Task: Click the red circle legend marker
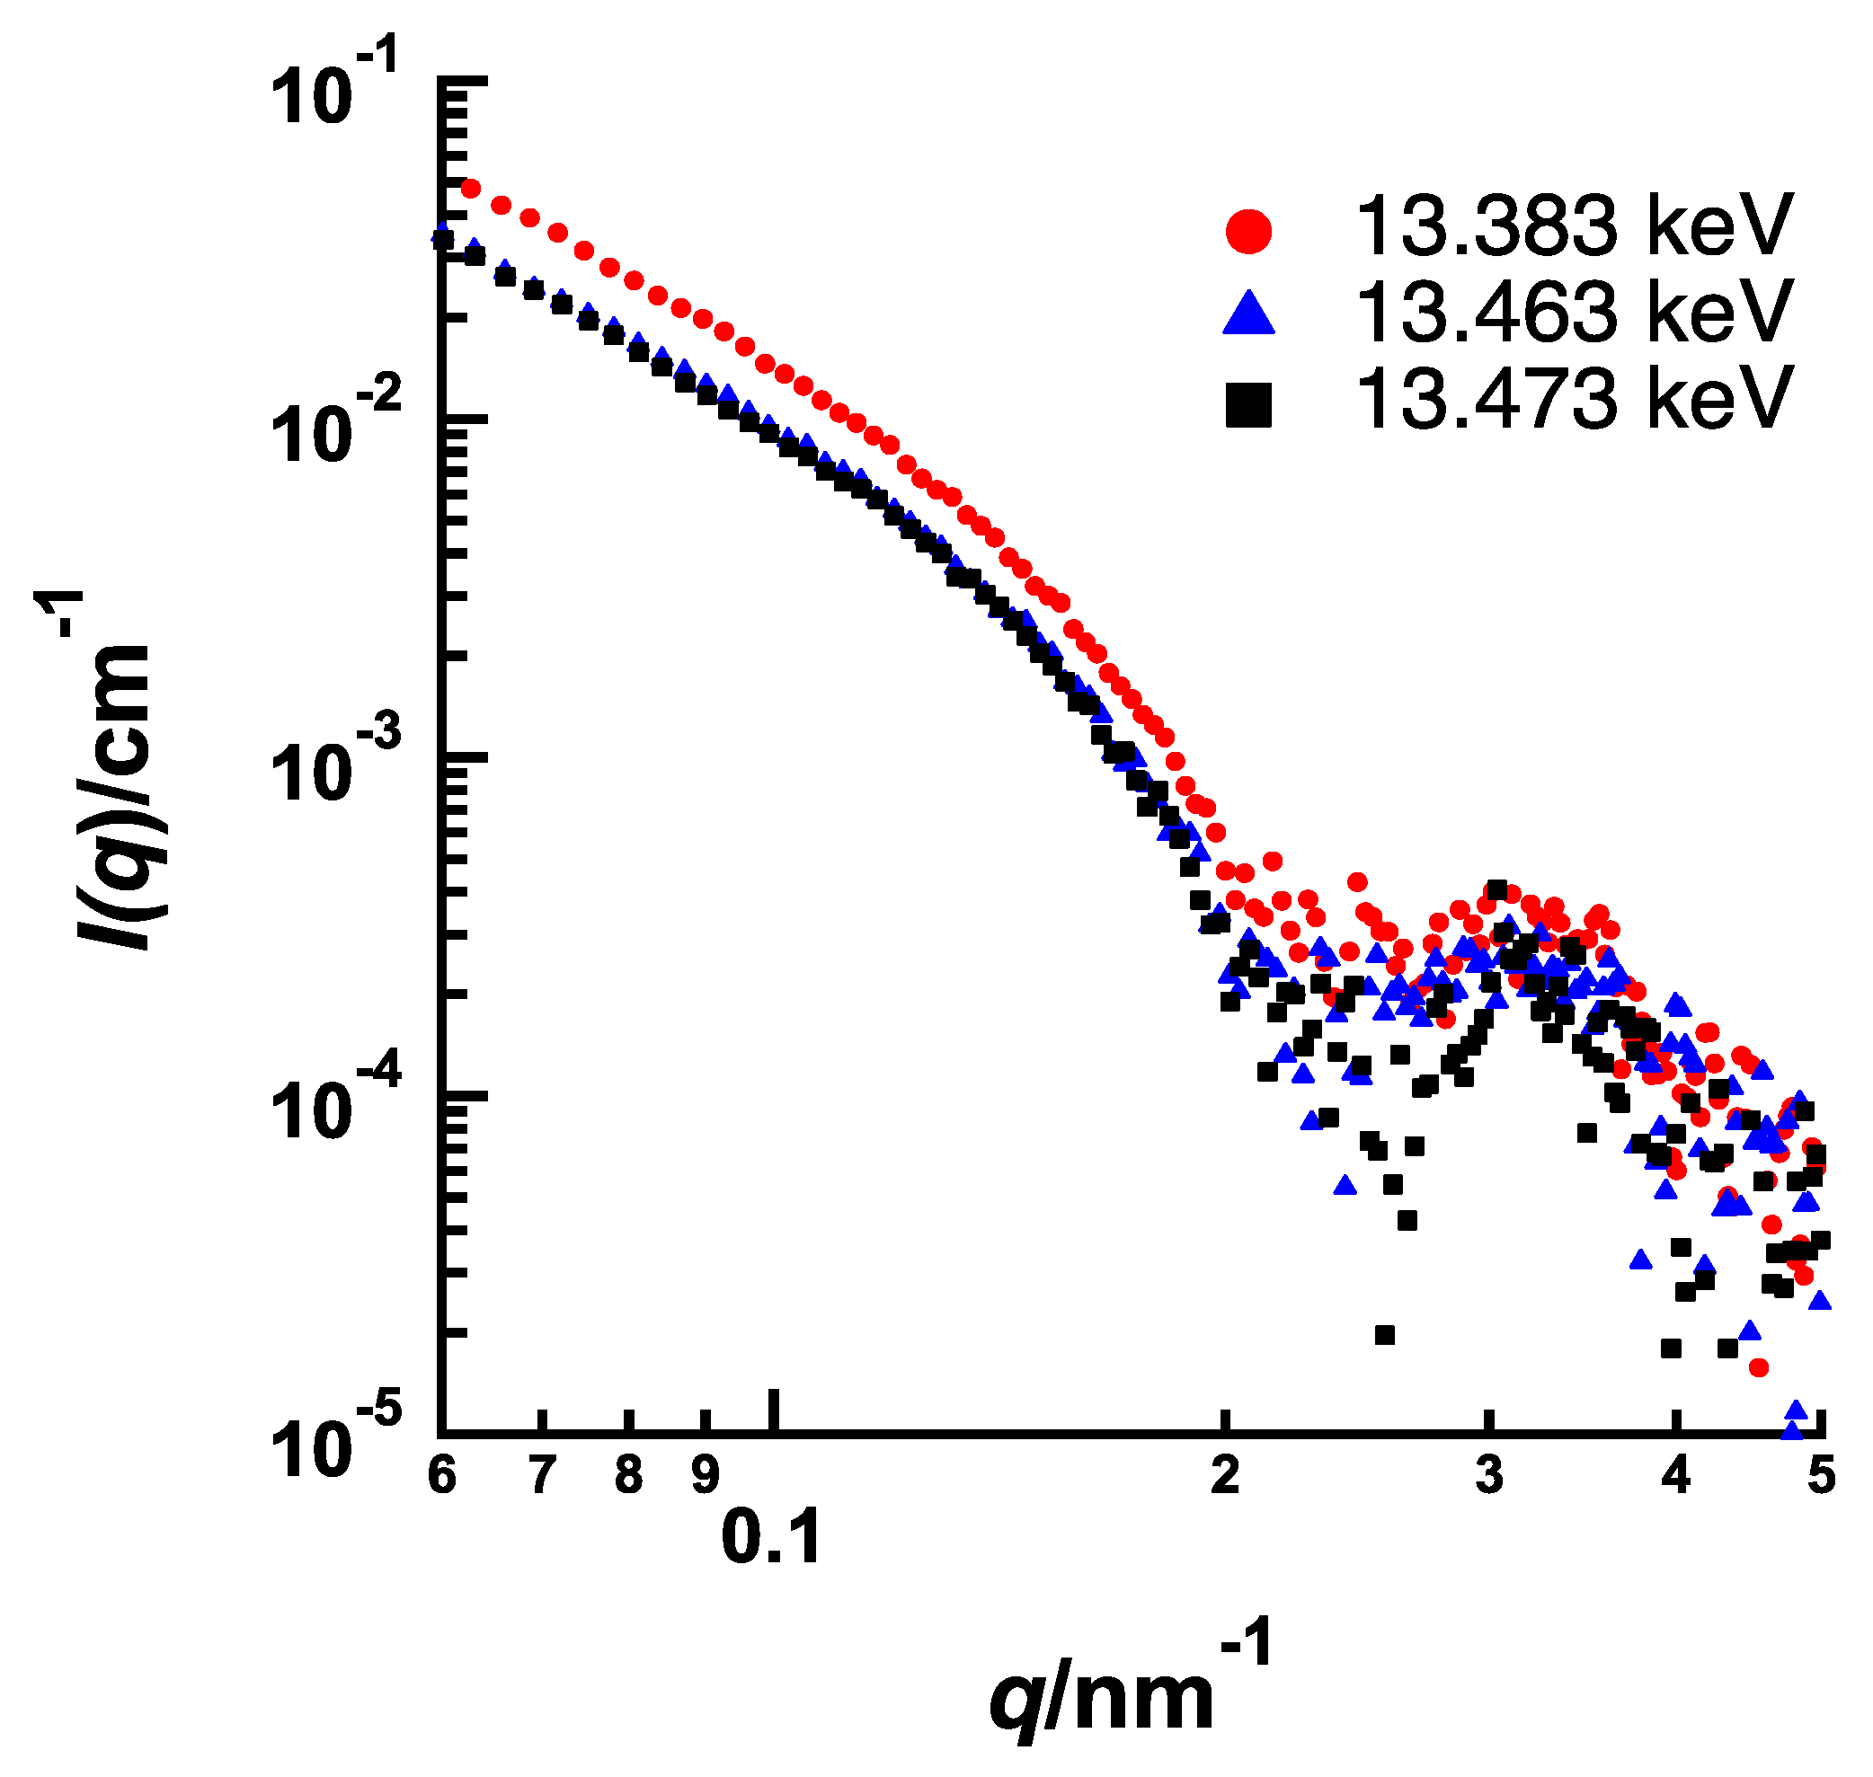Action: tap(1247, 232)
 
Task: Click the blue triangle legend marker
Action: tap(1247, 314)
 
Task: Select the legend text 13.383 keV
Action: tap(1574, 226)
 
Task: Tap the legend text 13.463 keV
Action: tap(1574, 312)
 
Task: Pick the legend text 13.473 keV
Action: tap(1574, 399)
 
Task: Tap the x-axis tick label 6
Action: tap(441, 1475)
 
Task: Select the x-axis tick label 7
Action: tap(541, 1475)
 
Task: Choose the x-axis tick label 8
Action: tap(628, 1475)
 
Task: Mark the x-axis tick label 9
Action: tap(705, 1475)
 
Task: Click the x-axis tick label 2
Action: tap(1225, 1475)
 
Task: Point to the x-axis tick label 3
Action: tap(1489, 1475)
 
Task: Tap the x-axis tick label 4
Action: tap(1676, 1475)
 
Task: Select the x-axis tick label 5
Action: tap(1821, 1475)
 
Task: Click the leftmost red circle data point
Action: tap(470, 190)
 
